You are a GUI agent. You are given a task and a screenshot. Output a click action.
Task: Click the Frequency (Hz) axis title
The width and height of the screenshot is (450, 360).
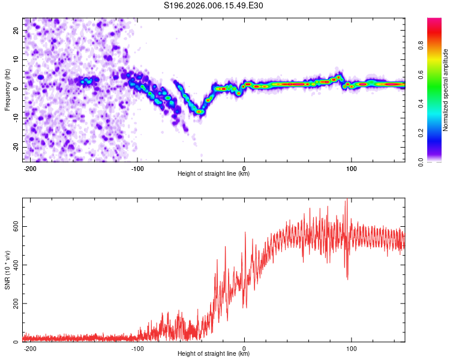tap(7, 90)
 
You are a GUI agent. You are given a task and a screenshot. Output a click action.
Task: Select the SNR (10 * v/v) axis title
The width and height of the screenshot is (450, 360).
tap(7, 270)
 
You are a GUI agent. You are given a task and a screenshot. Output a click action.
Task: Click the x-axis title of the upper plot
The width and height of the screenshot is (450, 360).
tap(214, 173)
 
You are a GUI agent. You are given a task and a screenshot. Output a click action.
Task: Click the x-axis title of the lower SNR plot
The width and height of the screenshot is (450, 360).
tap(214, 353)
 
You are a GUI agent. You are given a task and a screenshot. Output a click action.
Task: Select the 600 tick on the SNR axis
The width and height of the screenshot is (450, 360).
tap(14, 226)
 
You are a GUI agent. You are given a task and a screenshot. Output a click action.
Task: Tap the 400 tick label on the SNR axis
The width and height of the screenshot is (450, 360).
tap(14, 265)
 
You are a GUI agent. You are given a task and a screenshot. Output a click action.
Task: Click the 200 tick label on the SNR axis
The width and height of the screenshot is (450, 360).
tap(14, 304)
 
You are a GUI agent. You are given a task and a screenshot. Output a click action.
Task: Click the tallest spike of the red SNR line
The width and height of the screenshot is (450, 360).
tap(346, 200)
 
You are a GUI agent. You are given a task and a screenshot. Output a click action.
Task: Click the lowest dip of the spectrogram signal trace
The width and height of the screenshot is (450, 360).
tap(199, 112)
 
